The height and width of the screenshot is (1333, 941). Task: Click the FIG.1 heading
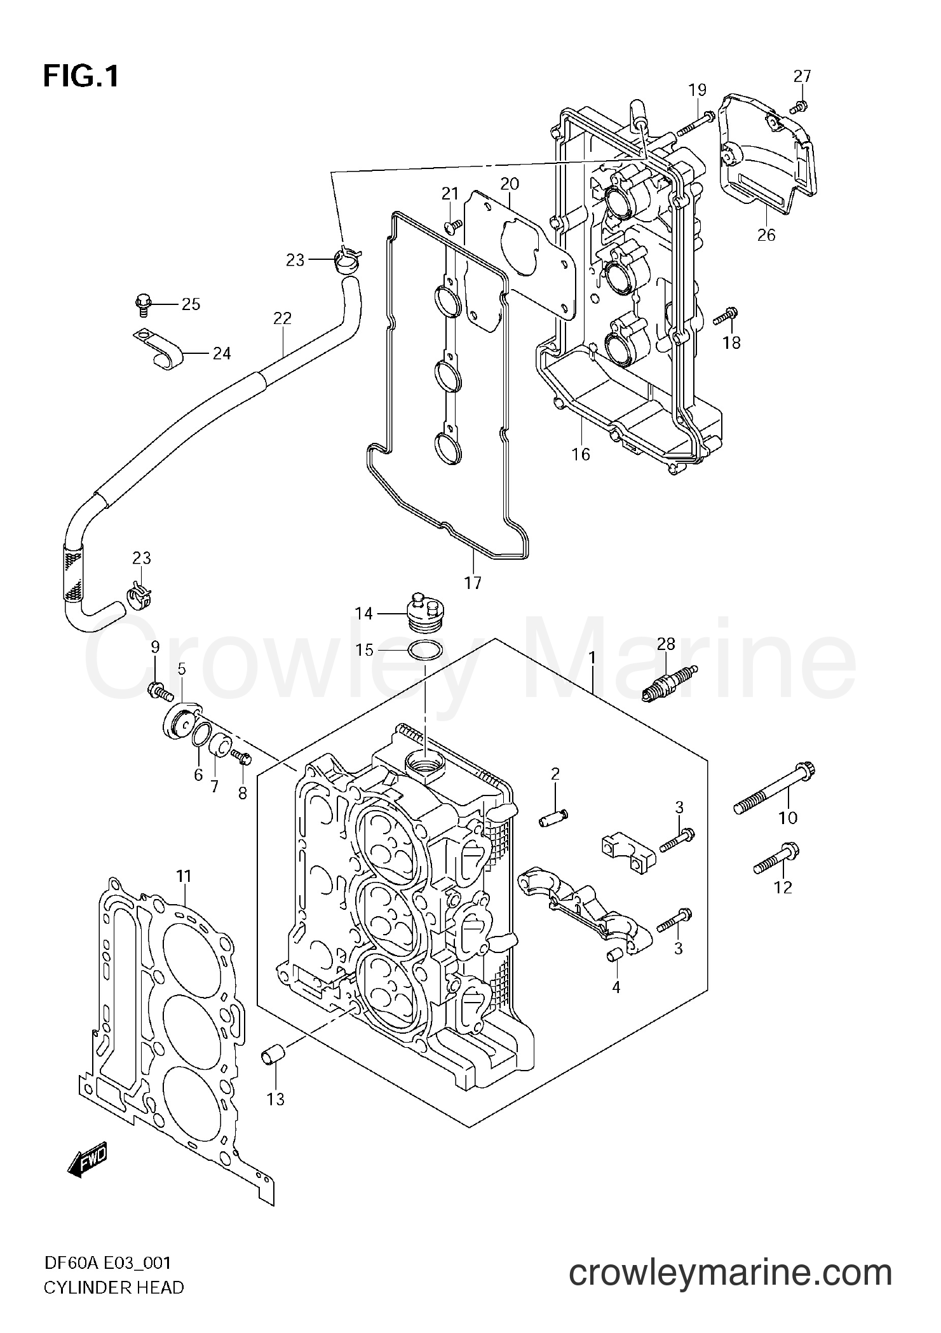81,77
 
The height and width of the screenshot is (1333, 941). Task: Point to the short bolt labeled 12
777,858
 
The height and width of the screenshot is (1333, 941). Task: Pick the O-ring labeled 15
424,651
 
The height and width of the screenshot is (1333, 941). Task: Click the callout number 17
473,582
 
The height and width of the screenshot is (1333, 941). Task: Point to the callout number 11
184,877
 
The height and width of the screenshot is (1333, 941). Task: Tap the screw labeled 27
801,106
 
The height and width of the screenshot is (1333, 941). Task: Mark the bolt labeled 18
726,315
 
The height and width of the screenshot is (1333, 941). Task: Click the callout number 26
766,235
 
